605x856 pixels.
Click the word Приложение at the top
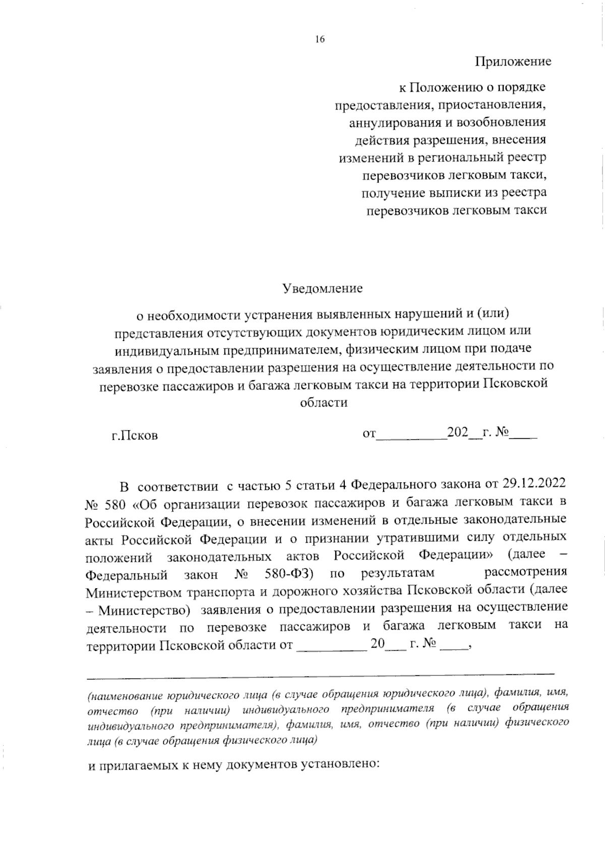coord(513,62)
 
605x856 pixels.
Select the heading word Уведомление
coord(323,289)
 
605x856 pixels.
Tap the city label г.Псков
coord(135,434)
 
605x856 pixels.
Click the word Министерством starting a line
coord(133,591)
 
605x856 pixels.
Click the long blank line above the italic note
coord(321,673)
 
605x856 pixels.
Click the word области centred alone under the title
coord(324,403)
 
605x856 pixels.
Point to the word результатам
coord(397,574)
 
